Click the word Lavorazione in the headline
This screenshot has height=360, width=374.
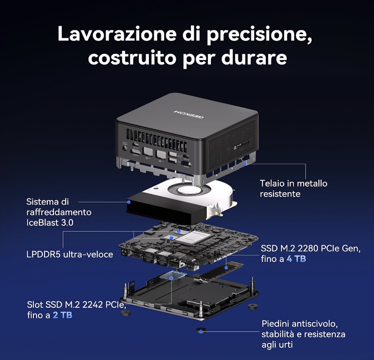(x=117, y=33)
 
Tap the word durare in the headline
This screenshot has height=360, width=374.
(x=254, y=57)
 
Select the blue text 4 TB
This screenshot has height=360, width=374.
(x=296, y=259)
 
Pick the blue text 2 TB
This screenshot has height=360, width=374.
(x=62, y=315)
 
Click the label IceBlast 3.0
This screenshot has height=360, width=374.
(x=50, y=223)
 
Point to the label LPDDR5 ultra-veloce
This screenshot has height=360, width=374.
(x=70, y=254)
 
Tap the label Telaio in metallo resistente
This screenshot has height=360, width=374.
(x=294, y=188)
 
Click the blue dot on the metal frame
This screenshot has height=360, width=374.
(x=244, y=164)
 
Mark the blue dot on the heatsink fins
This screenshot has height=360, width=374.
(x=129, y=202)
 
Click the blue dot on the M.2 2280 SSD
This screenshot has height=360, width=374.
(x=226, y=267)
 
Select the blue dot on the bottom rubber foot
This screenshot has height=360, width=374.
(x=201, y=331)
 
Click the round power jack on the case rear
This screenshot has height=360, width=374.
(x=125, y=148)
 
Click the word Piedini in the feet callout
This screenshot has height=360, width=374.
(x=275, y=324)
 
